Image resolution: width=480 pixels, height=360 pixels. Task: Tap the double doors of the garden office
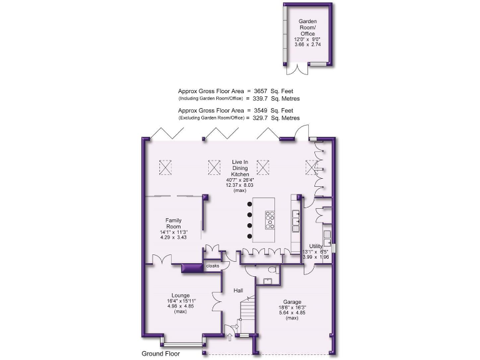[301, 66]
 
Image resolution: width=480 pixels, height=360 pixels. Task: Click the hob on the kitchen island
[271, 221]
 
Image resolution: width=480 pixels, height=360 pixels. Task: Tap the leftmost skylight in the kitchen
[167, 167]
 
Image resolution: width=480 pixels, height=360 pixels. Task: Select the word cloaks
[212, 266]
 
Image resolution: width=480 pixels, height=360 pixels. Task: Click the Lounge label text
[181, 295]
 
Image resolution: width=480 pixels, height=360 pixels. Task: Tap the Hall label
[238, 291]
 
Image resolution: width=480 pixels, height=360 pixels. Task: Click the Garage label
[288, 301]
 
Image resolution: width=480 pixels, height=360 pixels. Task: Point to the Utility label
[316, 247]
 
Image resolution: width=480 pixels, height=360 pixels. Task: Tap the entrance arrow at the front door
[229, 338]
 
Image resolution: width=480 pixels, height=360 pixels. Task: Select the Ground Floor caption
[162, 353]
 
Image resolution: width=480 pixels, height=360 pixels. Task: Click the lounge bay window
[182, 342]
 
